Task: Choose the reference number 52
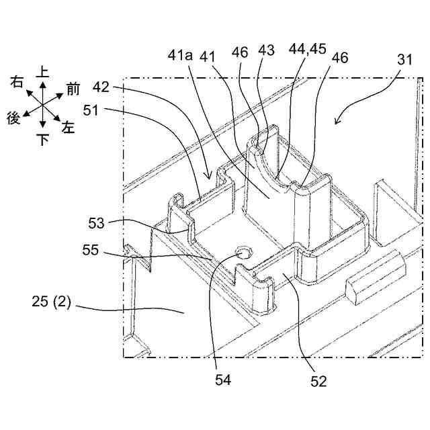pyautogui.click(x=318, y=381)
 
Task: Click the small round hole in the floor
pyautogui.click(x=243, y=253)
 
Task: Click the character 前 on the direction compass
pyautogui.click(x=73, y=88)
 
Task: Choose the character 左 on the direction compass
pyautogui.click(x=69, y=126)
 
